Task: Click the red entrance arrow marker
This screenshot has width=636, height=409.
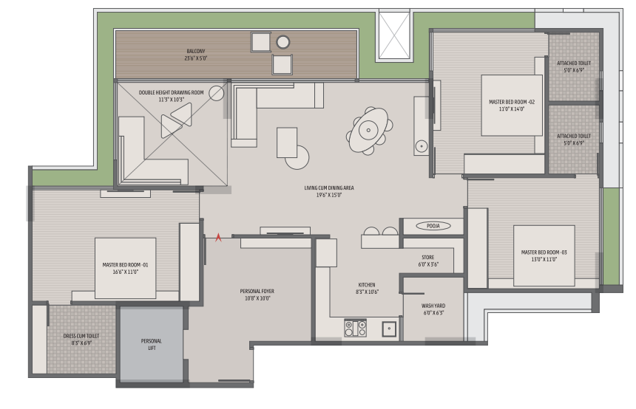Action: tap(218, 238)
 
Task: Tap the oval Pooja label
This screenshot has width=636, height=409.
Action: tap(433, 226)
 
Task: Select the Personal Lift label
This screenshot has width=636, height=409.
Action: tap(152, 345)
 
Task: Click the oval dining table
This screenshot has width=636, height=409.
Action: tap(368, 131)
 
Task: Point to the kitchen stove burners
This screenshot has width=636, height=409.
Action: tap(355, 328)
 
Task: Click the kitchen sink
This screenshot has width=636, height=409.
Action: tap(389, 329)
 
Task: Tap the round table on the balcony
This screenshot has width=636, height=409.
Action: tap(283, 41)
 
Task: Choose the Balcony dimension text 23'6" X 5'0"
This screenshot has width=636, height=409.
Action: tap(196, 58)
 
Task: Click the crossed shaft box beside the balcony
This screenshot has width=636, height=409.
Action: tap(394, 35)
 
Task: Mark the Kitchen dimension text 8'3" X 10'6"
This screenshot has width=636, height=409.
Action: tap(367, 292)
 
